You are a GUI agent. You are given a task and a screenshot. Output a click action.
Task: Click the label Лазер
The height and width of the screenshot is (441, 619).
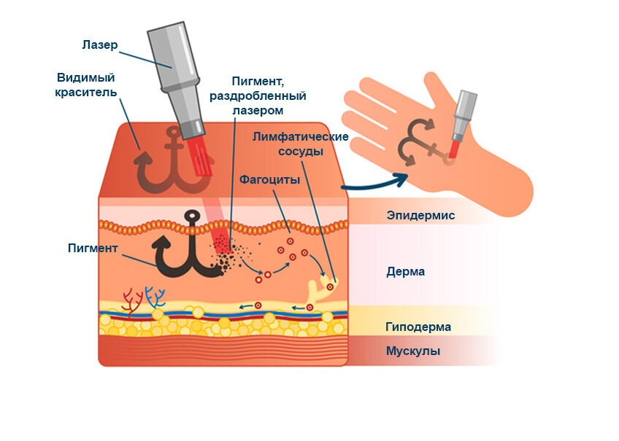click(x=99, y=45)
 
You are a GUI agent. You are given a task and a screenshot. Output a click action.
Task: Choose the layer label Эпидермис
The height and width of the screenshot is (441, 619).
click(x=420, y=216)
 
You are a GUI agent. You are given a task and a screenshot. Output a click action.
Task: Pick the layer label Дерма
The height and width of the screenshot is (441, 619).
click(x=405, y=272)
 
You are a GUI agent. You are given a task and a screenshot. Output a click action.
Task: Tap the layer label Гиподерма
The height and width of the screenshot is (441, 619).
click(x=418, y=327)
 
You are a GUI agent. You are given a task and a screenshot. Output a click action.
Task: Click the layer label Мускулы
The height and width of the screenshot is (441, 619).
click(x=412, y=351)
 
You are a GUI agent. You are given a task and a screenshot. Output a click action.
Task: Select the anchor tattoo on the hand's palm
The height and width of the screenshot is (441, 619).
click(x=420, y=146)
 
